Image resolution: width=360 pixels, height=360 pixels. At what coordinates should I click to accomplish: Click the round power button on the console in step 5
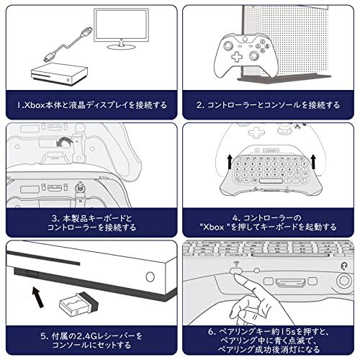click(150, 277)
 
